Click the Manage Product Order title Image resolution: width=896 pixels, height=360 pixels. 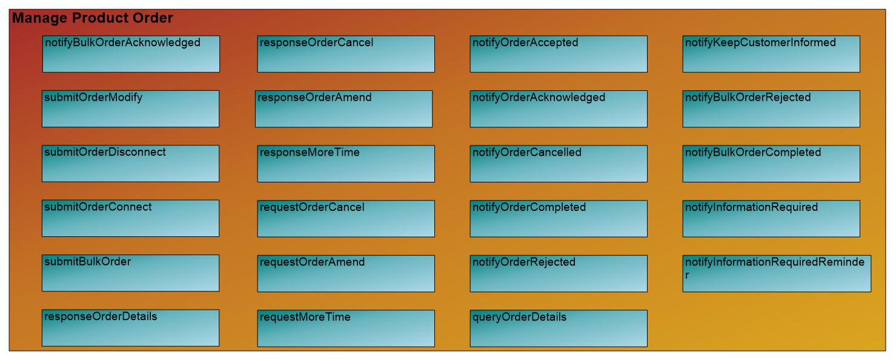coord(93,18)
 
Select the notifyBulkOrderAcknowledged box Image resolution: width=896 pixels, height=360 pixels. coord(131,54)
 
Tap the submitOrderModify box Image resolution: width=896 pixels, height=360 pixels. coord(130,108)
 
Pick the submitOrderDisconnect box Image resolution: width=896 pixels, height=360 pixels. coord(130,164)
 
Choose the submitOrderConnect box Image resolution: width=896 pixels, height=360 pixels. coord(130,218)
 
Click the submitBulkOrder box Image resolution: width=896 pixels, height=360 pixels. coord(130,273)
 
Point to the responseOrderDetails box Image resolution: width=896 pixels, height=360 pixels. coord(130,328)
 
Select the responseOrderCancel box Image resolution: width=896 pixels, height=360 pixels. coord(346,54)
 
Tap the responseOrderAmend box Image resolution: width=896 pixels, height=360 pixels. coord(343,108)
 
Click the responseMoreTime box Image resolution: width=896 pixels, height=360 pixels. coord(346,164)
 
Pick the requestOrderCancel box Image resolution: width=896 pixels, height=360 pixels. coord(346,219)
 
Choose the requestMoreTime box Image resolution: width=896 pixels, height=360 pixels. coord(346,328)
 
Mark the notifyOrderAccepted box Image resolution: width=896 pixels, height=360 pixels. coord(559,54)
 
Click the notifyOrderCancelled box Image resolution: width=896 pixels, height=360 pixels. coord(559,164)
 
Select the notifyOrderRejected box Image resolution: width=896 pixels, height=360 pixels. coord(559,273)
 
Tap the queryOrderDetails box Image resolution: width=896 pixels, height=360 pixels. coord(559,328)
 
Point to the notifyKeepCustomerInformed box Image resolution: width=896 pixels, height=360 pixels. coord(771,54)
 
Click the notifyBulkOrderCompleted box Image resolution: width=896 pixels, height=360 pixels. coord(771,164)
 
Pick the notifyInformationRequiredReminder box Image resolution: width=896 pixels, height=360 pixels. coord(777,273)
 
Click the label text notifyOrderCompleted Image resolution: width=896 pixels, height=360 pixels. coord(529,207)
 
